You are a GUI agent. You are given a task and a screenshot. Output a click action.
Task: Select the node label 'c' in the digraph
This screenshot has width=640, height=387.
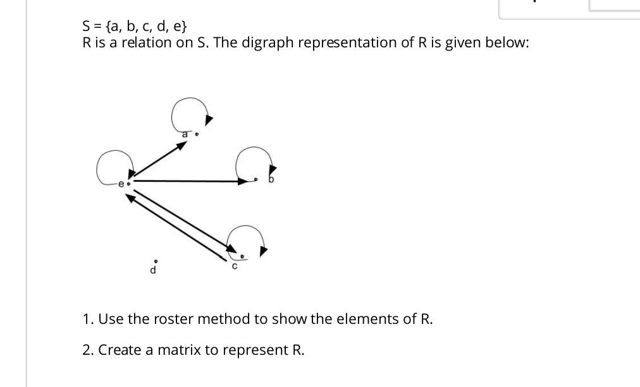pyautogui.click(x=234, y=267)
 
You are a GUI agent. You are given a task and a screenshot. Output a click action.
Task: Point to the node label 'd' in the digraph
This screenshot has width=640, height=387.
pyautogui.click(x=152, y=271)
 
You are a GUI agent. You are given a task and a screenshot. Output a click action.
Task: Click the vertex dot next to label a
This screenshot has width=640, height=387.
pyautogui.click(x=197, y=134)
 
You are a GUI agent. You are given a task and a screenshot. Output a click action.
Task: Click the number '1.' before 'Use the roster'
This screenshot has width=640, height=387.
pyautogui.click(x=88, y=319)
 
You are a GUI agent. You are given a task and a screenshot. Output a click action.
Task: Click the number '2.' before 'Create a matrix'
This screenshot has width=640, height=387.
pyautogui.click(x=88, y=350)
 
